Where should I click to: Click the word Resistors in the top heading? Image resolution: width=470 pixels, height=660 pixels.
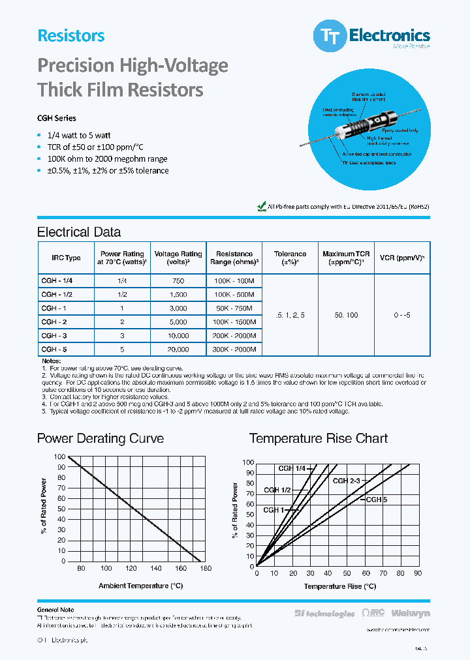[71, 36]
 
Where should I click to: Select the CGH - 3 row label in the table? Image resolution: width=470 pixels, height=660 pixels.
[53, 336]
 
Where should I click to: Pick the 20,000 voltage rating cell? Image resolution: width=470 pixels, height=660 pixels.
[178, 350]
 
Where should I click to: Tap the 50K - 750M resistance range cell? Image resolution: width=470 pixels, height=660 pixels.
[234, 308]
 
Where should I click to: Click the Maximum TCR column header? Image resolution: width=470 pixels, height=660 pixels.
[346, 258]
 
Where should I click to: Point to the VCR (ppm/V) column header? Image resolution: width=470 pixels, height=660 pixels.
[402, 258]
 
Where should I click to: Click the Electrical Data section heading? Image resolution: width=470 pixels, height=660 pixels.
[79, 232]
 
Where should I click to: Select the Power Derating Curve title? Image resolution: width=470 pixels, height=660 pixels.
[100, 438]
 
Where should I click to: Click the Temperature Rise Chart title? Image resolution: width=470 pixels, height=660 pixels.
[319, 438]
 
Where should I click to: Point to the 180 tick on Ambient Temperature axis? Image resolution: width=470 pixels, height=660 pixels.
[206, 569]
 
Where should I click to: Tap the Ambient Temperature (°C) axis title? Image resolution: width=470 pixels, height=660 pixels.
[140, 586]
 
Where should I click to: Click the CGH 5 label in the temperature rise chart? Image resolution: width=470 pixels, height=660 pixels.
[377, 500]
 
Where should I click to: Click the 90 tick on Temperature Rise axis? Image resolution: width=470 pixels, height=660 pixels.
[418, 573]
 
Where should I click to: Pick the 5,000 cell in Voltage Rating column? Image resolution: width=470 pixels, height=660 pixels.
[178, 322]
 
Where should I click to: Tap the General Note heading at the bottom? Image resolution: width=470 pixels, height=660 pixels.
[55, 610]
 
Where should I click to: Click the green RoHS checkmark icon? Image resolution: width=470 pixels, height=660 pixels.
[262, 206]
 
